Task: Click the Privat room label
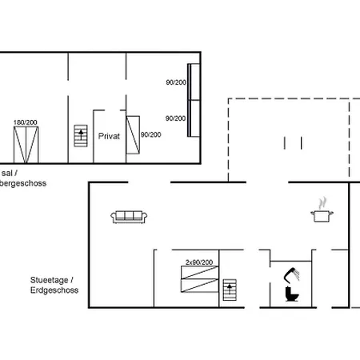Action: coord(109,136)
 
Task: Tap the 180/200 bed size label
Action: coord(25,122)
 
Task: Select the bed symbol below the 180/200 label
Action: coord(24,143)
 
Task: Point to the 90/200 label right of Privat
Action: coord(150,134)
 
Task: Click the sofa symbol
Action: coord(128,215)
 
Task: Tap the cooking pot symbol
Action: coord(321,215)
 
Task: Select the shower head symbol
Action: coord(291,273)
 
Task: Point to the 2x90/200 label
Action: coord(198,262)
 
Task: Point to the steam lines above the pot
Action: coord(322,202)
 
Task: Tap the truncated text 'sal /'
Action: coord(8,173)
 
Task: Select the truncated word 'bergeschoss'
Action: coord(24,183)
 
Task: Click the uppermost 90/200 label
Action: coord(175,82)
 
